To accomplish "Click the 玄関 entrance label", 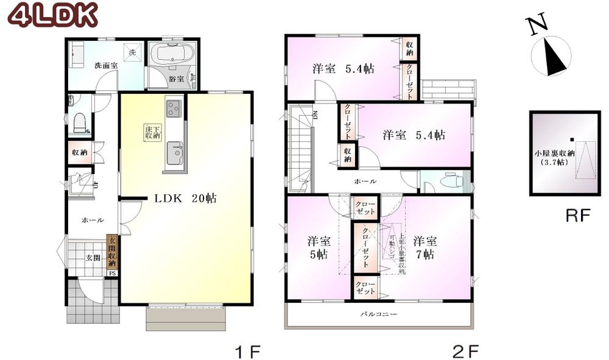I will coord(90,258).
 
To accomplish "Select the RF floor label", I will coord(579,216).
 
